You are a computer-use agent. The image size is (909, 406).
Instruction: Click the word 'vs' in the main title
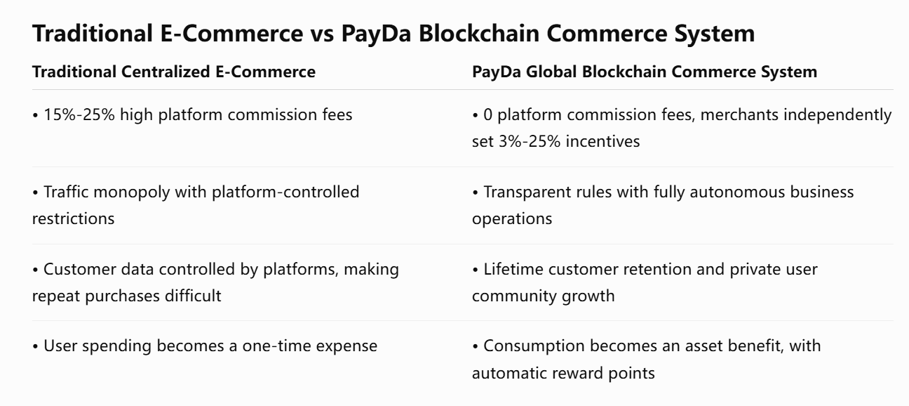322,34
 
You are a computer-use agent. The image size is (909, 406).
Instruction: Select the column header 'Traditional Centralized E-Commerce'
174,72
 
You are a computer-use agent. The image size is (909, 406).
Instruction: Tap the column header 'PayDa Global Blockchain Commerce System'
645,72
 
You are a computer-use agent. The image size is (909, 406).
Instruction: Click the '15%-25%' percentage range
79,115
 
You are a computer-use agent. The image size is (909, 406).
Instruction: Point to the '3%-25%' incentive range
530,142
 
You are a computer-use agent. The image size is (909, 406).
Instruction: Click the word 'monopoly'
131,192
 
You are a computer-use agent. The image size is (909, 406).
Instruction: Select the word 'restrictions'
74,219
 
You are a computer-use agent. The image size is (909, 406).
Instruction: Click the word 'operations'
512,219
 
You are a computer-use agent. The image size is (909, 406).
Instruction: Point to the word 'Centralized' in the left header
166,72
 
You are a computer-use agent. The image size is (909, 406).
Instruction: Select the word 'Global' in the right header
551,72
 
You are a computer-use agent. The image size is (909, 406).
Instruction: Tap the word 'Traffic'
66,192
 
